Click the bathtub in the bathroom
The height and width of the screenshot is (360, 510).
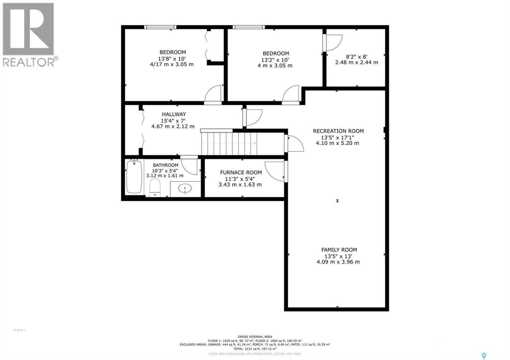point(134,177)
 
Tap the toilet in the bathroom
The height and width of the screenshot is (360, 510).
point(155,187)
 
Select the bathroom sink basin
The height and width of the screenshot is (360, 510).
point(185,189)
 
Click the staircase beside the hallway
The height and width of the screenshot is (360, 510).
point(229,144)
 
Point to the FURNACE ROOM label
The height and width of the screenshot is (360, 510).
point(241,172)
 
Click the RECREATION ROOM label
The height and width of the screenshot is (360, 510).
point(338,131)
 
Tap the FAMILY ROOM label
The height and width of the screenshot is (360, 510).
point(339,250)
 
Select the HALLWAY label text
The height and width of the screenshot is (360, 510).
point(174,114)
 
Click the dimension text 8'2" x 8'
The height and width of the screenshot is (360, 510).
point(356,57)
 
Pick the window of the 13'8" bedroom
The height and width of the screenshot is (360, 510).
point(160,27)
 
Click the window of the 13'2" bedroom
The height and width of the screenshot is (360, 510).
point(249,27)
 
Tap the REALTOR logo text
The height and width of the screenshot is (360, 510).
point(29,62)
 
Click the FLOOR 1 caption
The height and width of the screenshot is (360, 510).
point(19,330)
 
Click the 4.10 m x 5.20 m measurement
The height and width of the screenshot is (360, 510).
point(337,143)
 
